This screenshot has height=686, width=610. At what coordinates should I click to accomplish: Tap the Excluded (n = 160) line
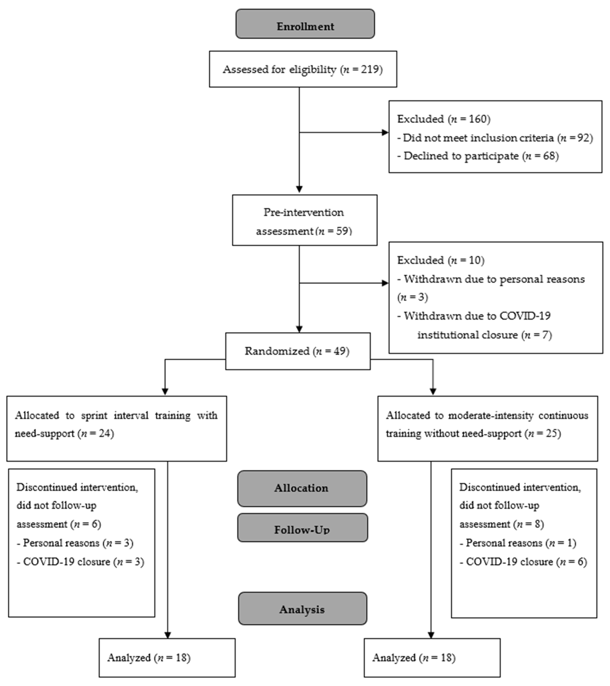[443, 119]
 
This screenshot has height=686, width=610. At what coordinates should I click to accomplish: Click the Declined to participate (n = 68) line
[477, 156]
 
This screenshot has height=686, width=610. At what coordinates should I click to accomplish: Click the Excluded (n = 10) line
[440, 260]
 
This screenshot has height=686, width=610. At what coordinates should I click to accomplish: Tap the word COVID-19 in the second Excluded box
[525, 316]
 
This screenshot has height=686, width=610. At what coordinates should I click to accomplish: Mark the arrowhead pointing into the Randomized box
[299, 329]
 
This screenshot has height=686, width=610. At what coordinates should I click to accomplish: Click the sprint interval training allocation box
[116, 429]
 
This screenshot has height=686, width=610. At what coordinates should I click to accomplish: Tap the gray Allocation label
[302, 488]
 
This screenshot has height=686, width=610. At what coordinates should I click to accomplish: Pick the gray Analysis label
[302, 609]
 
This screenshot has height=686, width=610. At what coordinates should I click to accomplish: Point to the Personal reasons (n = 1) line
[517, 543]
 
